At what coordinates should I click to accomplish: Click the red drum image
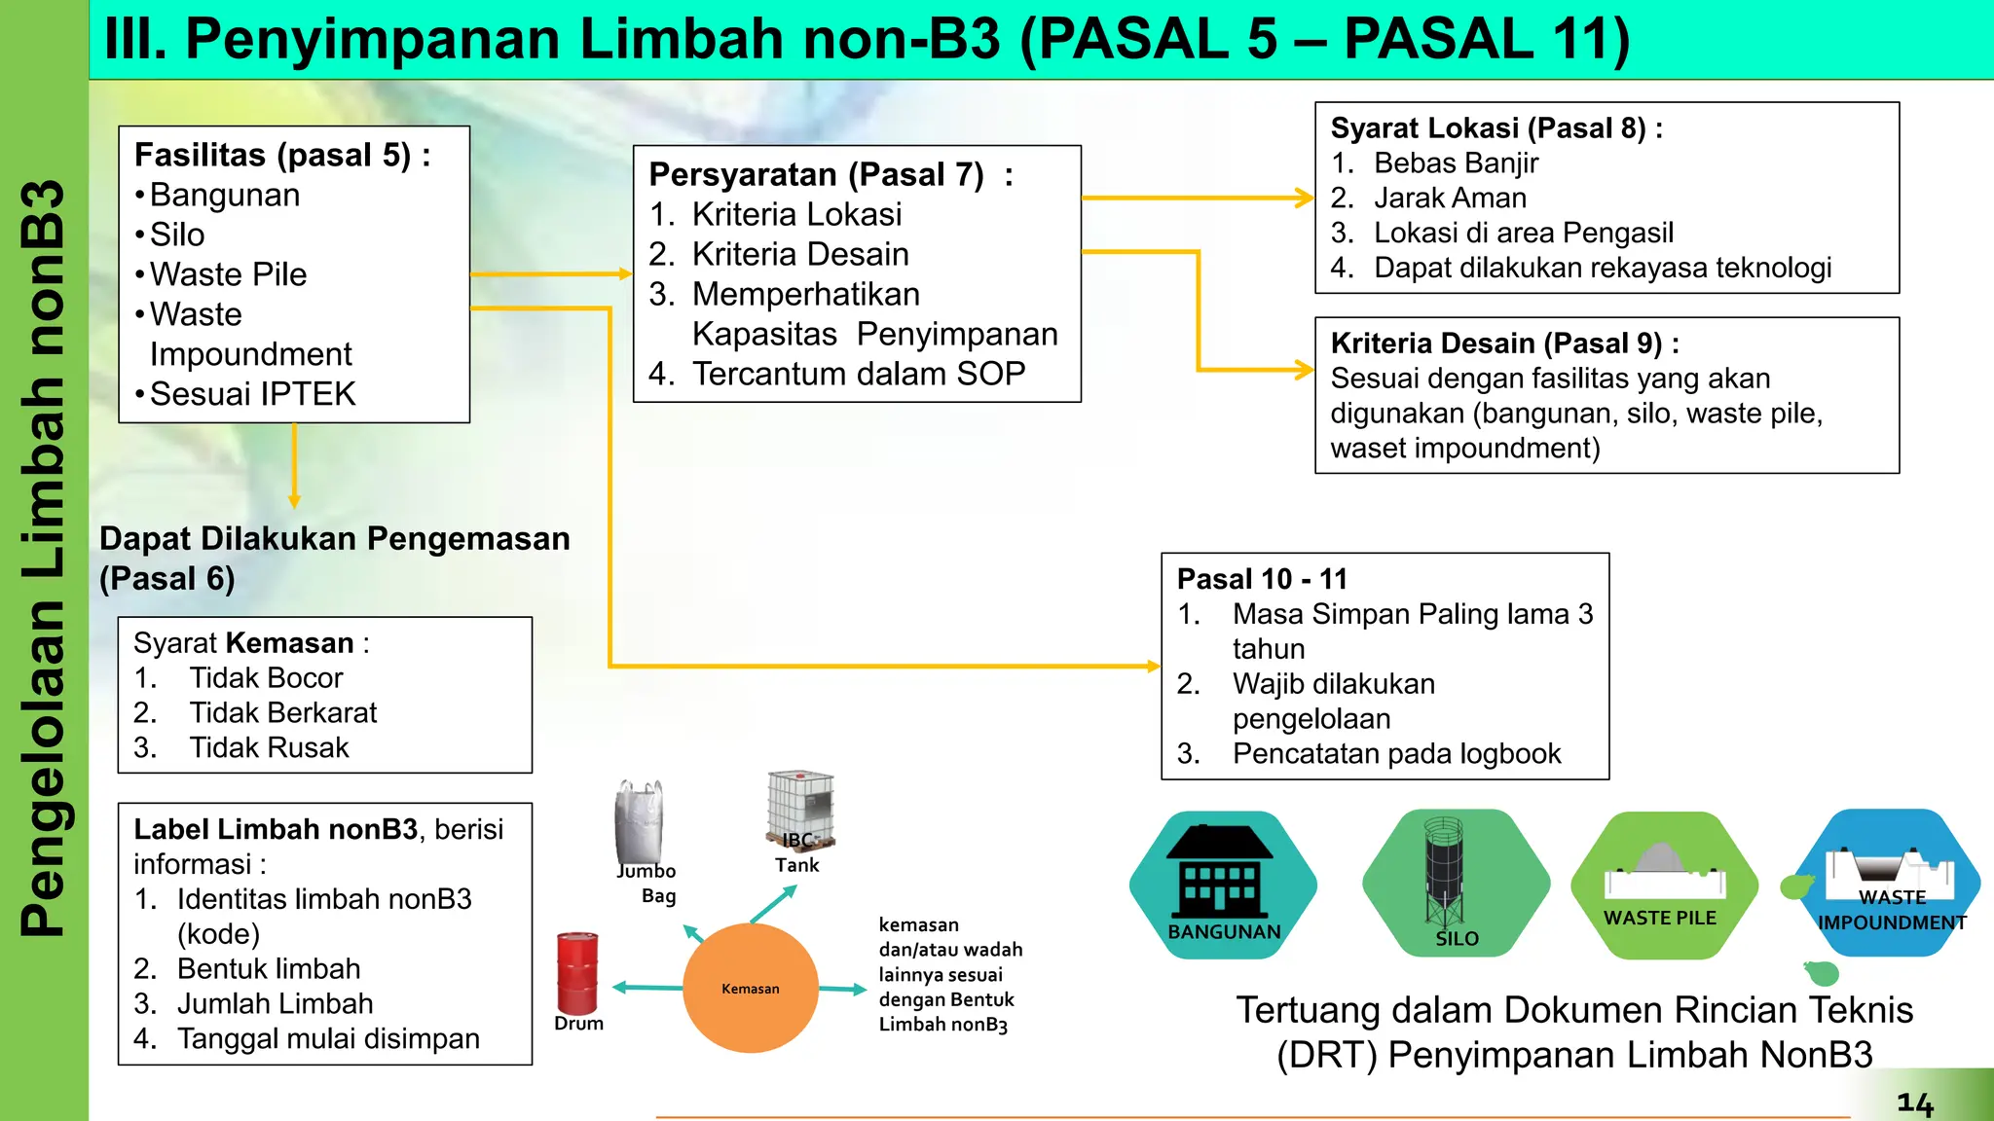576,972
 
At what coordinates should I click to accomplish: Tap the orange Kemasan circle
750,988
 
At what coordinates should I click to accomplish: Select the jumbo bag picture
640,822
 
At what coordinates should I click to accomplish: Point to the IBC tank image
800,809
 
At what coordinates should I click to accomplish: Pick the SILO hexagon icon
1455,882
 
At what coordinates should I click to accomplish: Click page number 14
1914,1103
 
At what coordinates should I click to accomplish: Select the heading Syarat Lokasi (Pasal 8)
1495,128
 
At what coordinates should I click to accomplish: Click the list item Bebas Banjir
1456,163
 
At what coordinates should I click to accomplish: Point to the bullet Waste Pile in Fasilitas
228,274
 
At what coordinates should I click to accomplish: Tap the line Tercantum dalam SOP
858,374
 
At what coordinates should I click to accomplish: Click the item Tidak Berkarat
282,712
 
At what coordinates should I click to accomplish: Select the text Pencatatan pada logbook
1396,753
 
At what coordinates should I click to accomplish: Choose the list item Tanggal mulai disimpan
328,1038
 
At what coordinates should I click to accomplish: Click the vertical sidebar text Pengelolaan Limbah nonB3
44,560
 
